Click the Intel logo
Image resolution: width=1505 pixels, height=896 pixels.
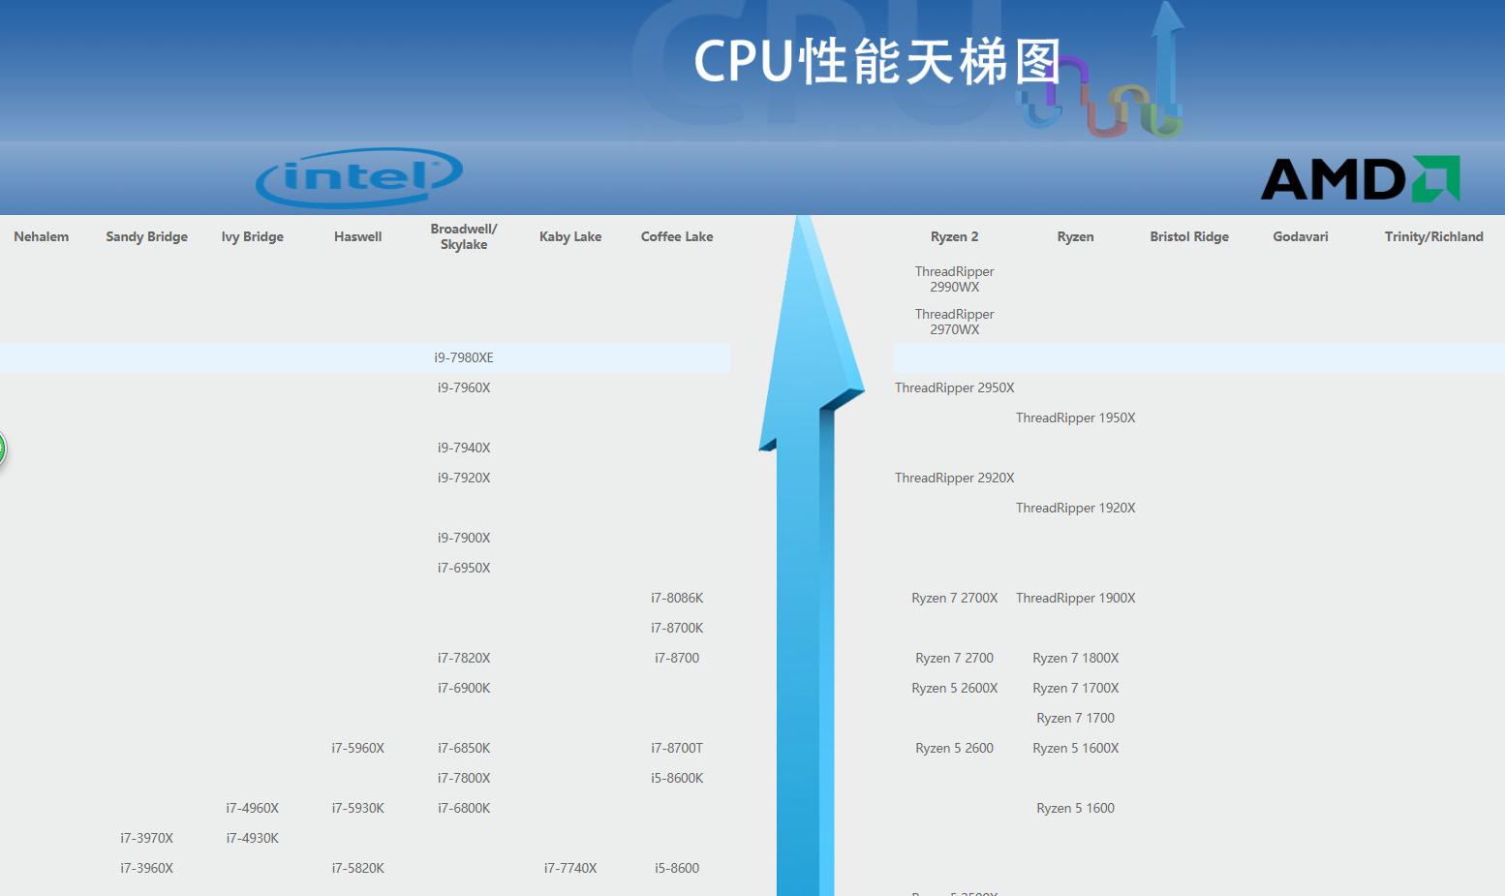(x=359, y=177)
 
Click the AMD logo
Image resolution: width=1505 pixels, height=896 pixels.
(x=1360, y=179)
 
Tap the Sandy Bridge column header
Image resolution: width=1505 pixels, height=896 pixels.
(x=146, y=237)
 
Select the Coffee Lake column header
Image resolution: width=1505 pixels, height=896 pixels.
(x=677, y=237)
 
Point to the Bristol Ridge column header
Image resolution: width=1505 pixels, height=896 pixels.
(x=1189, y=237)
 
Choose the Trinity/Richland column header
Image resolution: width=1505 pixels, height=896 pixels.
(x=1433, y=237)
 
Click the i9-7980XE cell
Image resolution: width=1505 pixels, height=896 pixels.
(x=464, y=358)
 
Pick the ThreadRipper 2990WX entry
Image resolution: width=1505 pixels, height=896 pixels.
(x=955, y=280)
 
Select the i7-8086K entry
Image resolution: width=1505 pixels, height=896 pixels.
(x=677, y=599)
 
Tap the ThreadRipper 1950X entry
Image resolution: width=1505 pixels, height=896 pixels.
(x=1075, y=418)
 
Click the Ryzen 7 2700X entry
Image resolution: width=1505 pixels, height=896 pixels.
(x=954, y=599)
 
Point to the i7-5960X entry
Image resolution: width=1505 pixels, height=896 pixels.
(x=358, y=749)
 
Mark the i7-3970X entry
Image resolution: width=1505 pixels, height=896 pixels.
(x=147, y=839)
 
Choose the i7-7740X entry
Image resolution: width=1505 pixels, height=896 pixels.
(x=570, y=869)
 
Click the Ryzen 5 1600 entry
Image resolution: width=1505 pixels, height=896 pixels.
(x=1075, y=809)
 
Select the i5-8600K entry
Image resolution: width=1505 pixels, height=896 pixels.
(x=677, y=779)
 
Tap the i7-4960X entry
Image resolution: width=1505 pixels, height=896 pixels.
(x=253, y=809)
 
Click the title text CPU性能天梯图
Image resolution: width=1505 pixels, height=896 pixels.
(x=877, y=62)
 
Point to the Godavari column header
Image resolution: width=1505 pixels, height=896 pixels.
(x=1301, y=237)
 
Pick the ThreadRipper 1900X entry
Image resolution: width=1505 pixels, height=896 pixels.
(x=1075, y=599)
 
